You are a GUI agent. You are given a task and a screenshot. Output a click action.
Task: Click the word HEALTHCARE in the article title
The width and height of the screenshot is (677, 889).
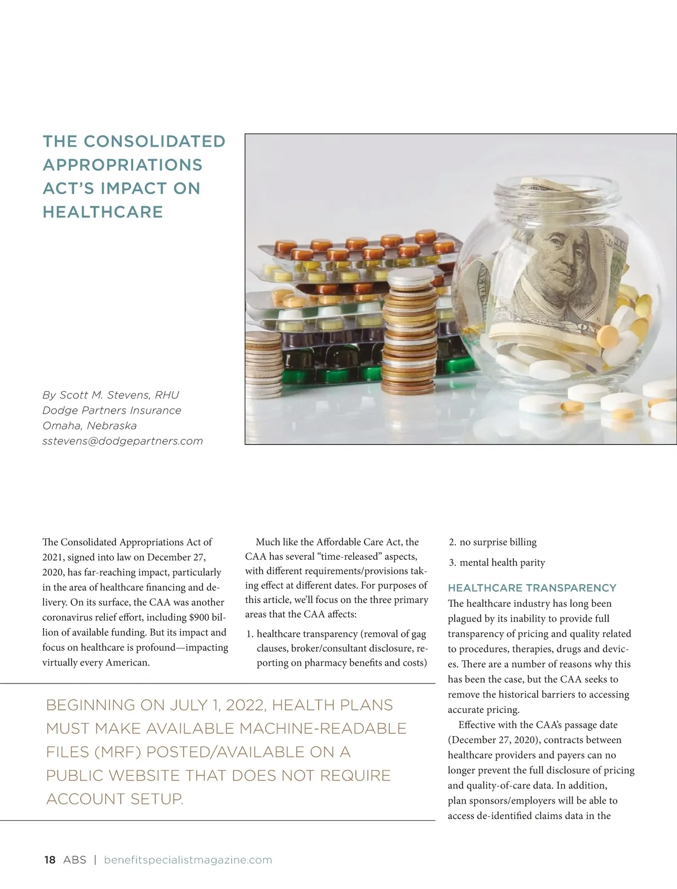coord(103,212)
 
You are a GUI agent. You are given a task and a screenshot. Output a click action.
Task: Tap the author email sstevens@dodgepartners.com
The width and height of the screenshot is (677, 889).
coord(122,441)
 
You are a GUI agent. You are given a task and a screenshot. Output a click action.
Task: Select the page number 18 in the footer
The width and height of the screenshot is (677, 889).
coord(50,860)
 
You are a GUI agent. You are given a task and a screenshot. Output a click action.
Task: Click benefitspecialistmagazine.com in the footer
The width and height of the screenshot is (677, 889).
coord(188,860)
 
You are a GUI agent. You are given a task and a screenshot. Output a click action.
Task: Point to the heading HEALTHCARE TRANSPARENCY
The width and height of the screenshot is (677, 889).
coord(532,588)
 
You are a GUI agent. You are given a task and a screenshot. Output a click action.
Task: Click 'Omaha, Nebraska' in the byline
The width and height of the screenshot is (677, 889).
coord(89,426)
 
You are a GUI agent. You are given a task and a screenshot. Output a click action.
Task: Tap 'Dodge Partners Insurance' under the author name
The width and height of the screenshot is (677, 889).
coord(112,410)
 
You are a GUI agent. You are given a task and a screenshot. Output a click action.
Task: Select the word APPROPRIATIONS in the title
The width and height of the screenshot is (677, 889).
coord(122,165)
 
